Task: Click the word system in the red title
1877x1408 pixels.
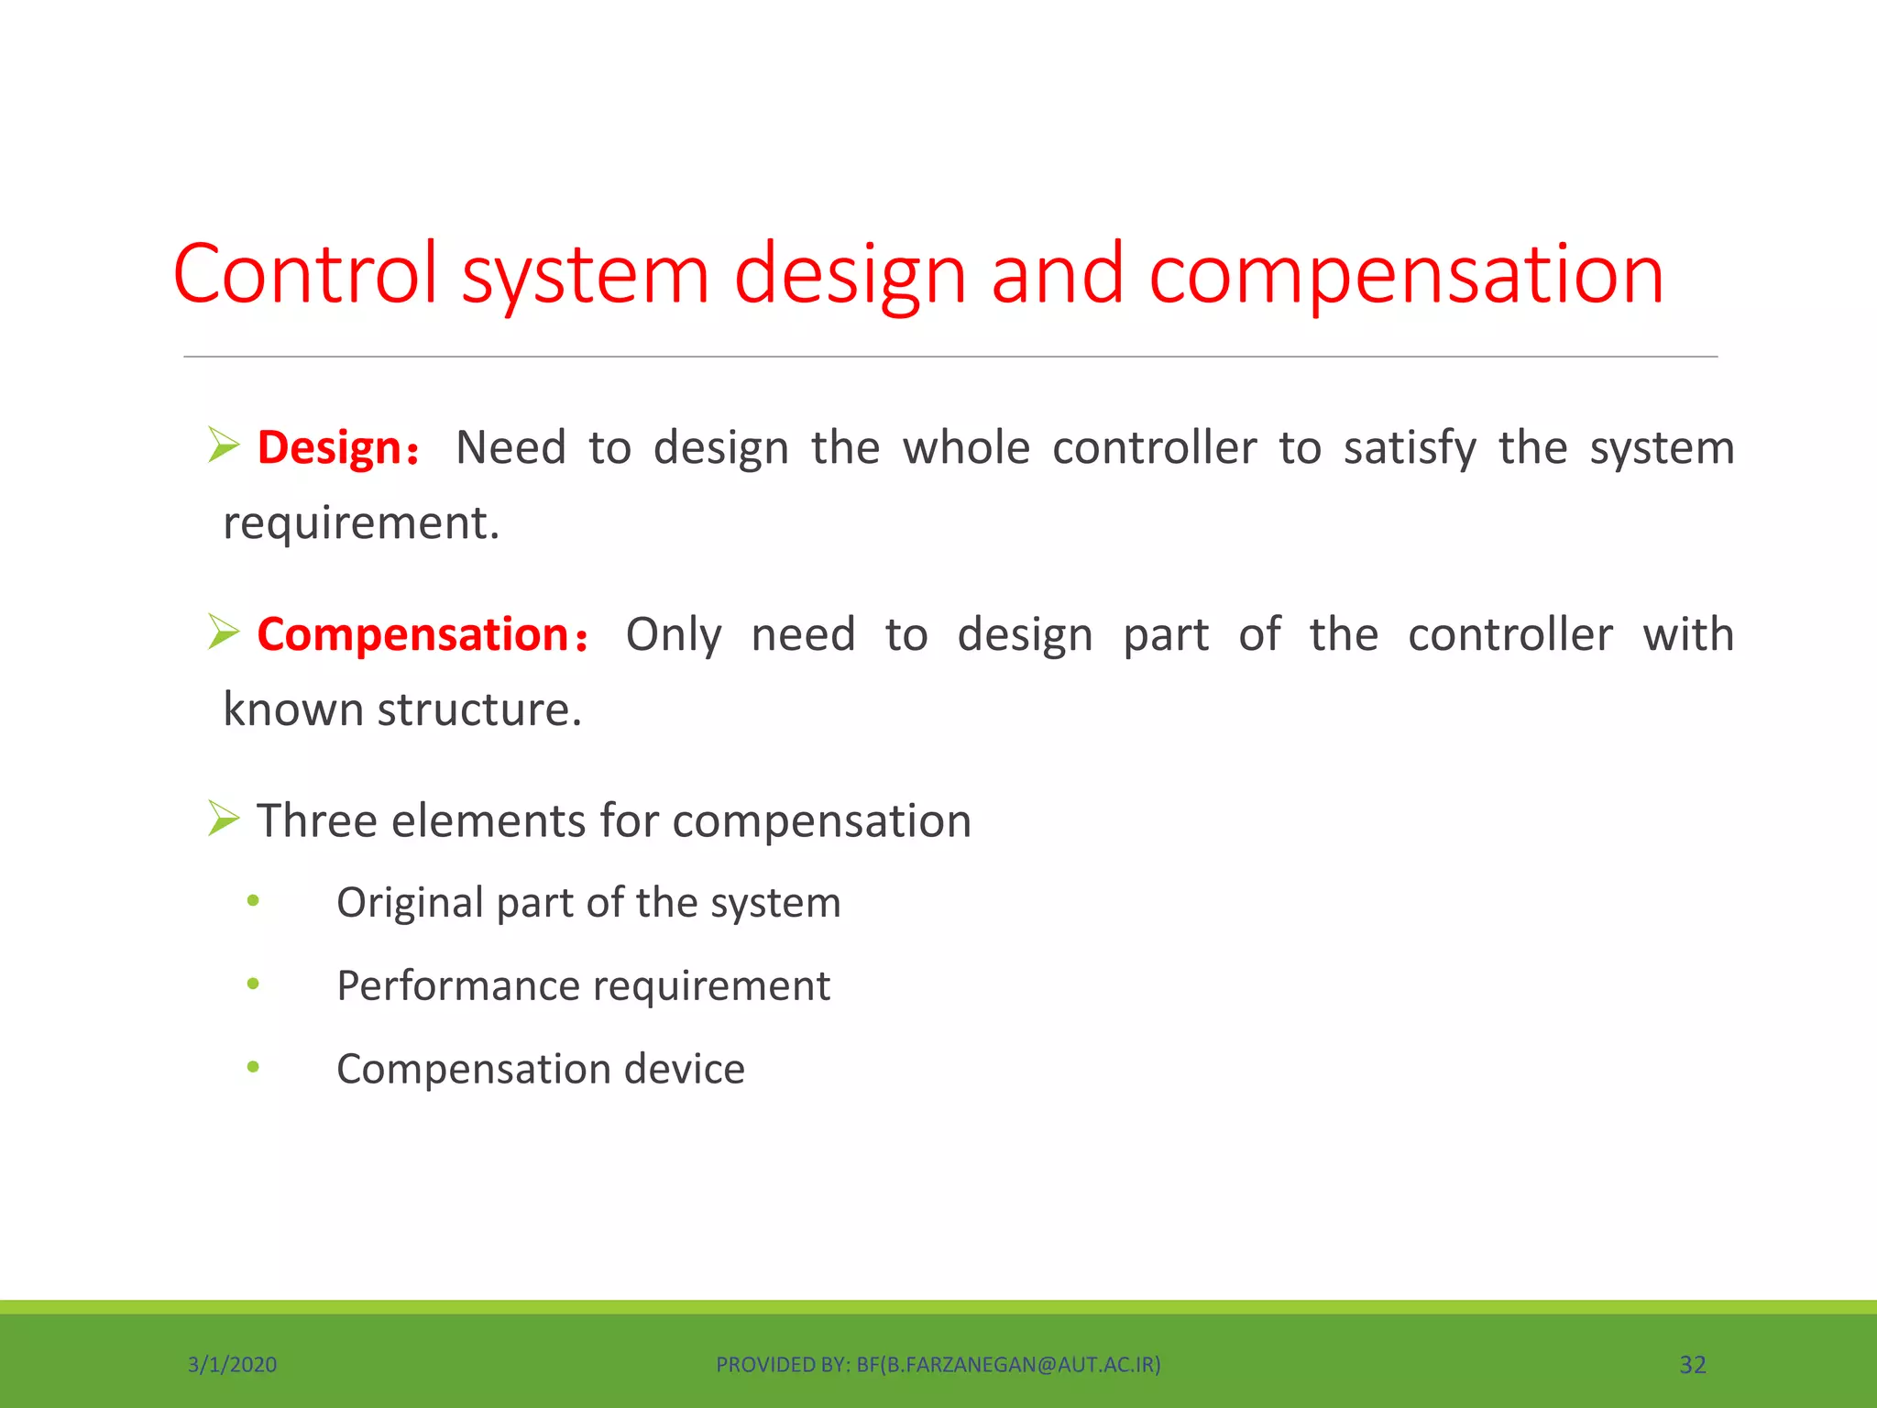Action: (585, 275)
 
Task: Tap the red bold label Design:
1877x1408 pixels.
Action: (337, 448)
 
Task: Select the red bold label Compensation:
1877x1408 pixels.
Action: (422, 634)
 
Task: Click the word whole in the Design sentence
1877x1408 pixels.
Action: (966, 448)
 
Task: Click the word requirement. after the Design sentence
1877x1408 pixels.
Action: (361, 523)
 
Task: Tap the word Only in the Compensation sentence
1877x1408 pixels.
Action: (674, 634)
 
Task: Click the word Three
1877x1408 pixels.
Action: (316, 820)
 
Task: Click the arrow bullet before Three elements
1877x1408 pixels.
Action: (223, 818)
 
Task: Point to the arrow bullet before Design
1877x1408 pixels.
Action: (223, 445)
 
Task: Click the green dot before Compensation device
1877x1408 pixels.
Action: (253, 1067)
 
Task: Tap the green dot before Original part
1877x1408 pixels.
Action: (253, 901)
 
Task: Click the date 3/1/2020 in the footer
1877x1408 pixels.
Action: (232, 1365)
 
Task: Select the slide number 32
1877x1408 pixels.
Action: (1692, 1365)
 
